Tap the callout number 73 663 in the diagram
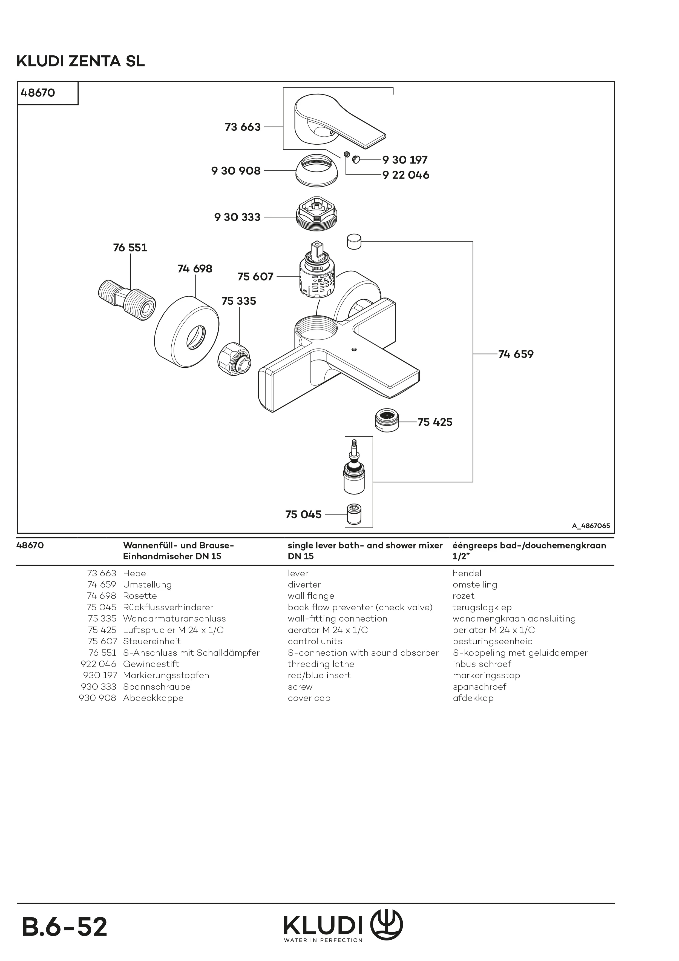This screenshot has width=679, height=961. coord(243,127)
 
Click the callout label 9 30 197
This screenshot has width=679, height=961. coord(405,160)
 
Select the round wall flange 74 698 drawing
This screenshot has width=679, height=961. coord(187,333)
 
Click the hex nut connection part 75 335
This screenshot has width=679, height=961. coord(234,359)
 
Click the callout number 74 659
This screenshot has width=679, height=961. coord(516,354)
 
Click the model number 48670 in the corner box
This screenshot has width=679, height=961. coord(38,93)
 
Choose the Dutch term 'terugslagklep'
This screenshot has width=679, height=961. coord(482,607)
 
